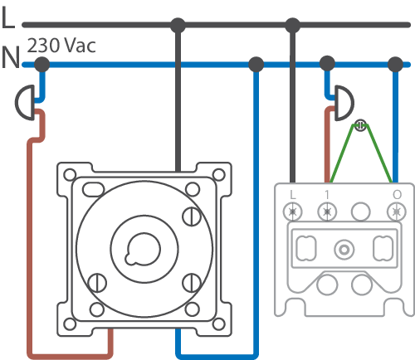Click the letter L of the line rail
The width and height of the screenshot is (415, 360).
7,17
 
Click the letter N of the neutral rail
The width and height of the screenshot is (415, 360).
11,57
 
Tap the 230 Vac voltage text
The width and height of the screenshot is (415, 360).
61,45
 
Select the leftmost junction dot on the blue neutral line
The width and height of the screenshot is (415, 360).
41,65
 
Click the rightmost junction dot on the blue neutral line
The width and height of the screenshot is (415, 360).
395,65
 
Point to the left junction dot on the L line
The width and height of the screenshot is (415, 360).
178,26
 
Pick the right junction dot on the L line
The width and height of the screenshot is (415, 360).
292,26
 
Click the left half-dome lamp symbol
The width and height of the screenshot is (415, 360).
25,103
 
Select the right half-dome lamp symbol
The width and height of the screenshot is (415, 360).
344,103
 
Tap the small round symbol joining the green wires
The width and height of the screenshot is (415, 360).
360,125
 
